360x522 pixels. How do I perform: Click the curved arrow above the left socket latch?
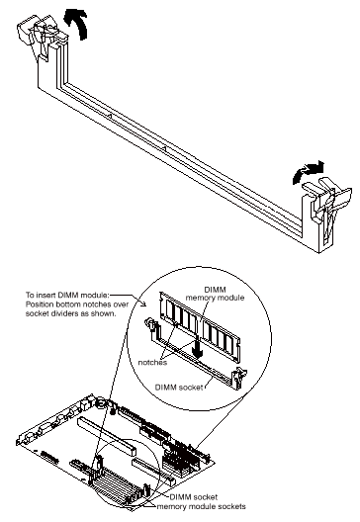(x=79, y=23)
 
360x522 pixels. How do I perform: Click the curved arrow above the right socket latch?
(x=307, y=171)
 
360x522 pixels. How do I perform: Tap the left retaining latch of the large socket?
(x=41, y=34)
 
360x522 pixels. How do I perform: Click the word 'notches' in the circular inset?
(x=152, y=363)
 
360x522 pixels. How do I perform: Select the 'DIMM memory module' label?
(x=215, y=294)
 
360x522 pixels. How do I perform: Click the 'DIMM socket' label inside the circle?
(x=179, y=388)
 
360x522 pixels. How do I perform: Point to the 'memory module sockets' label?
(x=201, y=506)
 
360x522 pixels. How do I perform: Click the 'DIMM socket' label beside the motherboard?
(x=194, y=497)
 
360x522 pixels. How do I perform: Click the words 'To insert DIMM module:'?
(x=67, y=295)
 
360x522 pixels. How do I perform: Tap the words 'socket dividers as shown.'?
(x=71, y=313)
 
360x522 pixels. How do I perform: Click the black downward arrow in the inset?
(x=198, y=347)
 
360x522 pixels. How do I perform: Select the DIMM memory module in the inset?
(x=200, y=326)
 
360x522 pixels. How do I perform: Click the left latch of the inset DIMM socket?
(x=152, y=327)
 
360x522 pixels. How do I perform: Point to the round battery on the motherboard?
(x=101, y=404)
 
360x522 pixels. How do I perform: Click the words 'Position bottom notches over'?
(x=77, y=304)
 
